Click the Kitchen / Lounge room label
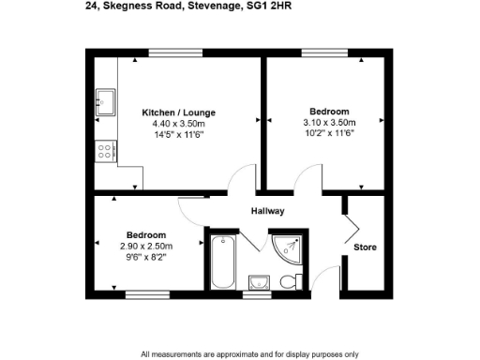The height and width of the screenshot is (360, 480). (172, 109)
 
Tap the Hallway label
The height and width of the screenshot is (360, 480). (267, 212)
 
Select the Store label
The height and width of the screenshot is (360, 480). (364, 247)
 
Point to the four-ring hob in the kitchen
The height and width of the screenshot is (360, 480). (105, 148)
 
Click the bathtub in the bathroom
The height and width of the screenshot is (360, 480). (224, 262)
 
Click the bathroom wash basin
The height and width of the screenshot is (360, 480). (260, 281)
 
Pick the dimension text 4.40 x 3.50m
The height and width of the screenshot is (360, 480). (172, 123)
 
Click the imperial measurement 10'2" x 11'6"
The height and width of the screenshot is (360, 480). (329, 134)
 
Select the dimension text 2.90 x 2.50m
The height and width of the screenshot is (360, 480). (146, 247)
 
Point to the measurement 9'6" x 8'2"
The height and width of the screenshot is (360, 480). (146, 259)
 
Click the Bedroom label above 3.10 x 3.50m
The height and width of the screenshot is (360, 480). (329, 111)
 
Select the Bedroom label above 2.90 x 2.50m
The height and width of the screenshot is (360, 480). (146, 234)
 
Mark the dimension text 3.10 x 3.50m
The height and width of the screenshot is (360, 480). (329, 123)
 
